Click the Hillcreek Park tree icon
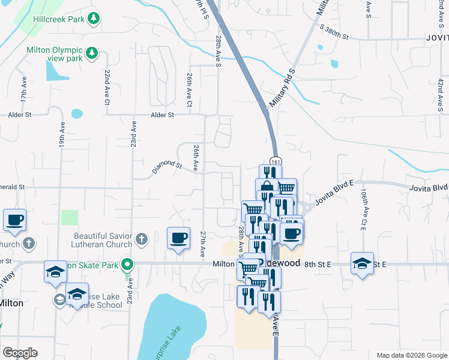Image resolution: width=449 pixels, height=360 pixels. point(93,19)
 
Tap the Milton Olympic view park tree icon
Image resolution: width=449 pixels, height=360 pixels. point(92,54)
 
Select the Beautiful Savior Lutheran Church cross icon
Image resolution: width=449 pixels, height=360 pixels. point(141,240)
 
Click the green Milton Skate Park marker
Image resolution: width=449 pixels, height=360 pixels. point(127,264)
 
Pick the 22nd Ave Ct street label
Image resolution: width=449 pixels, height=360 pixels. point(107,87)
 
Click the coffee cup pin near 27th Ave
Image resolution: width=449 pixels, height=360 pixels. point(178,238)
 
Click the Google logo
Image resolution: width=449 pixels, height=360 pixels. point(20,353)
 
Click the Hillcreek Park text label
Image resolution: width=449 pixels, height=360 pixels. point(58,19)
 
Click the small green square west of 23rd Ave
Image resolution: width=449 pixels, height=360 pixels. point(70,218)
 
